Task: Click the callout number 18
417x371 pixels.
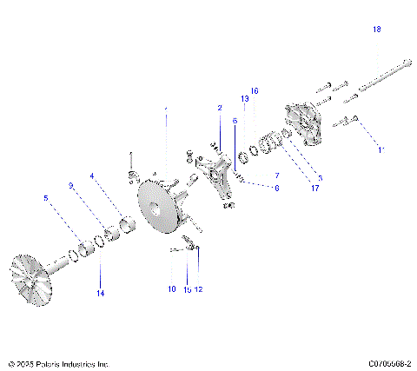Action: [x=376, y=30]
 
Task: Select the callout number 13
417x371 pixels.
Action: [x=245, y=100]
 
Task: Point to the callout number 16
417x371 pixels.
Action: [x=255, y=90]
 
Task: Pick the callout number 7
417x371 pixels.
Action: [x=277, y=176]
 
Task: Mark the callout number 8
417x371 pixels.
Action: [x=277, y=187]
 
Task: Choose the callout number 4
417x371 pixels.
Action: [x=91, y=176]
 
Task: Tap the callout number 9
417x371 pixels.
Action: [x=70, y=185]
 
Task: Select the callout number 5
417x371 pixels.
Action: [x=45, y=198]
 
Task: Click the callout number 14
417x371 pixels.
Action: [x=100, y=294]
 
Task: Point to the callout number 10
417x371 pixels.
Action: [x=170, y=288]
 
